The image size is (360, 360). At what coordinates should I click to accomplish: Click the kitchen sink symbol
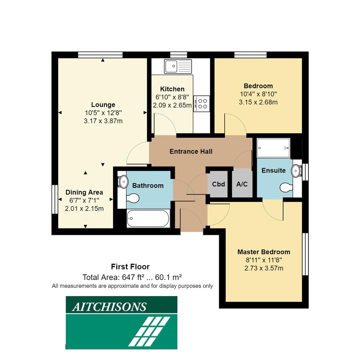178,66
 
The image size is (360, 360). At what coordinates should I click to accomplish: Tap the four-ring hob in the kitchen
201,103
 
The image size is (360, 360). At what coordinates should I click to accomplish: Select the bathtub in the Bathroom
149,218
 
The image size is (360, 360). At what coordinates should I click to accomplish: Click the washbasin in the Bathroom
123,182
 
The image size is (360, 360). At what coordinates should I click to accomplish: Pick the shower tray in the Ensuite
273,148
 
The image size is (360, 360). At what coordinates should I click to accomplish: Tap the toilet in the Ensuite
285,187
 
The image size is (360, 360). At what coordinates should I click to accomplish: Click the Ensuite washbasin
296,171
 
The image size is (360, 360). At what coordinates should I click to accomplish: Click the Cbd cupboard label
218,184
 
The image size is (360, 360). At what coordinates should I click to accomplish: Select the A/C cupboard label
242,184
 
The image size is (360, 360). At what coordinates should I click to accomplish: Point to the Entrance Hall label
191,151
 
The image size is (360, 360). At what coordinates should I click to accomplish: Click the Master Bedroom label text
263,252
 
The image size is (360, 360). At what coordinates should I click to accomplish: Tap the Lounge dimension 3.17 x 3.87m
103,121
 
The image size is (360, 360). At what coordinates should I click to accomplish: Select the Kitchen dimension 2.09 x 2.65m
172,105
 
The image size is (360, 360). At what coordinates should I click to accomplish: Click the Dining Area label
84,192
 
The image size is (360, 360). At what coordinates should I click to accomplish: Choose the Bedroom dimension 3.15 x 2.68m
258,102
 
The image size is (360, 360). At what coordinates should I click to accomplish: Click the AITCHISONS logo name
109,307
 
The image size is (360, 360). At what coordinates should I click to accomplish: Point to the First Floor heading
130,267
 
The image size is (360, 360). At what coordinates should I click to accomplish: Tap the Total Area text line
132,277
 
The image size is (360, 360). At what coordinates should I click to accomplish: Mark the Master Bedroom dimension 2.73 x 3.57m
264,268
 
